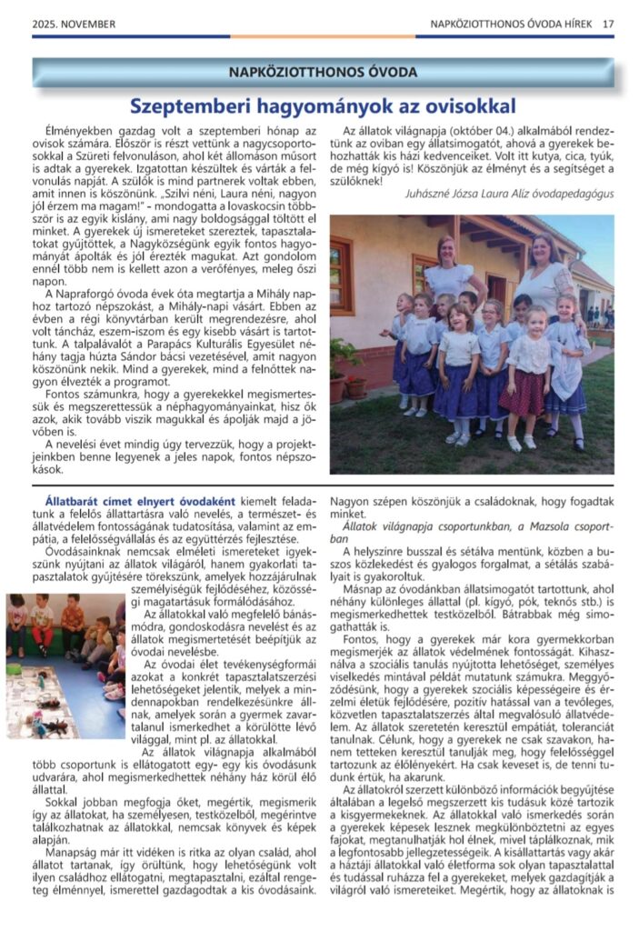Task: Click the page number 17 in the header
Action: pos(606,25)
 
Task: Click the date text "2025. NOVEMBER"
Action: pos(68,25)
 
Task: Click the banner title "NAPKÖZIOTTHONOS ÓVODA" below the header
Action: pos(324,72)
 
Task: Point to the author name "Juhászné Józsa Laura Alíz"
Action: pos(464,194)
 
